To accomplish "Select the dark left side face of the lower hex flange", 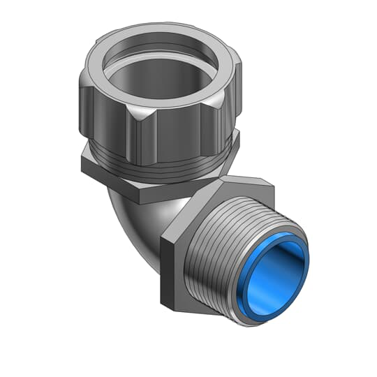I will [168, 272].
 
